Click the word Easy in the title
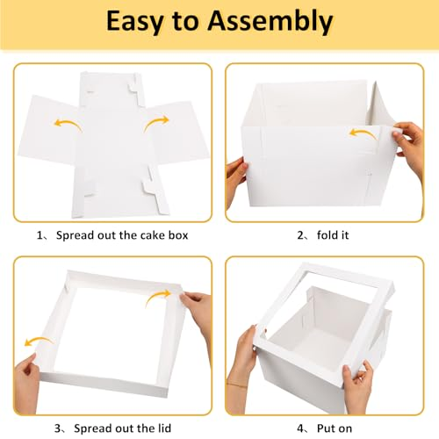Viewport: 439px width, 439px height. (x=134, y=22)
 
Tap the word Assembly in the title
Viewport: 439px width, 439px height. (x=270, y=22)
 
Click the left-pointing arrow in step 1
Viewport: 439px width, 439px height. (x=68, y=124)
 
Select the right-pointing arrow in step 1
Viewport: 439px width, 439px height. (x=156, y=123)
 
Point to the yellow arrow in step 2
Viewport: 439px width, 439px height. (x=363, y=134)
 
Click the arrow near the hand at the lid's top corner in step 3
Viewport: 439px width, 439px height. (x=157, y=297)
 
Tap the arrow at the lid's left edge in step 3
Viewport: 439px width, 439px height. (x=38, y=341)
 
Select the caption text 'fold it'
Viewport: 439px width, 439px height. (x=333, y=234)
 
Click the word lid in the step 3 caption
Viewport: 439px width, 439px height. (x=164, y=428)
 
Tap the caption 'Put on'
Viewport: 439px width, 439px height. (x=335, y=428)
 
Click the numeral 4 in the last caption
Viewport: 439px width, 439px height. (x=300, y=428)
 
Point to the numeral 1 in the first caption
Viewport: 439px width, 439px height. (x=40, y=235)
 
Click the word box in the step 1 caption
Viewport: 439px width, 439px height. (x=178, y=235)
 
